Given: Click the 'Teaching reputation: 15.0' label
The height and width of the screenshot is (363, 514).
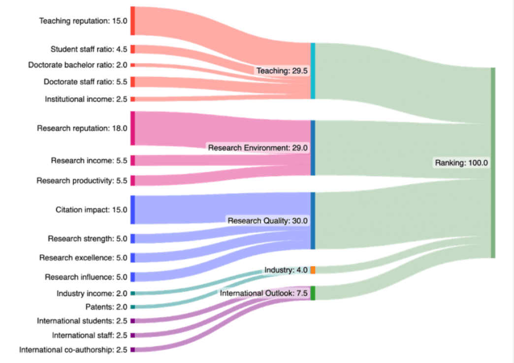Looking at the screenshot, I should point(83,21).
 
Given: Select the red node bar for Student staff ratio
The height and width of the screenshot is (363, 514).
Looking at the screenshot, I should point(132,49).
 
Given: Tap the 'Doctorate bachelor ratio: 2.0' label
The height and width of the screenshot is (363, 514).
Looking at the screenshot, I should point(78,64).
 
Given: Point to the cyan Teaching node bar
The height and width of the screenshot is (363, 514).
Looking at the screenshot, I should point(313,71).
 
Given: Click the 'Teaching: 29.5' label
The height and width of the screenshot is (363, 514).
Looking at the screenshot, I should point(282,71).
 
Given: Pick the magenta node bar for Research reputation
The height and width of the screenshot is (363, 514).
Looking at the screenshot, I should point(132,128).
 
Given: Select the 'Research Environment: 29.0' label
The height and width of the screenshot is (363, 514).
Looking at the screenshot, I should point(258,148).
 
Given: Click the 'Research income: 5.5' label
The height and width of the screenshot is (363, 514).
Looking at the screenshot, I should point(89,161).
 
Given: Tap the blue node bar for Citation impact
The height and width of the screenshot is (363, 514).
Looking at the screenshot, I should point(132,210).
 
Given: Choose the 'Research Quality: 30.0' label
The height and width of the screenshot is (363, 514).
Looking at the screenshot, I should point(267,221).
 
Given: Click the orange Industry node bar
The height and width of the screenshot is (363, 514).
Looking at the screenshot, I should point(313,270).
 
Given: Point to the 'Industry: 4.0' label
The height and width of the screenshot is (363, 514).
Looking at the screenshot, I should point(286,270).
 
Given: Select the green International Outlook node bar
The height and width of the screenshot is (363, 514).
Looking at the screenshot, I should point(313,293).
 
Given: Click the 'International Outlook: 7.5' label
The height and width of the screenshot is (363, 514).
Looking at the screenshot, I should point(264,293).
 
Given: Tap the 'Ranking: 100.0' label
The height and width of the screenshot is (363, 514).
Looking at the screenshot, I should point(461,162).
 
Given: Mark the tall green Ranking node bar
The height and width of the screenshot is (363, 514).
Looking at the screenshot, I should point(493,162).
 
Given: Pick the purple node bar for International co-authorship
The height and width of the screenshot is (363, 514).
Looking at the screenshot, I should point(132,350).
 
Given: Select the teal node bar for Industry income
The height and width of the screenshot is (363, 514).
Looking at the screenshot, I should point(132,293).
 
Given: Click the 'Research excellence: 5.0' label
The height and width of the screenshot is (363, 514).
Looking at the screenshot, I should point(83,258).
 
